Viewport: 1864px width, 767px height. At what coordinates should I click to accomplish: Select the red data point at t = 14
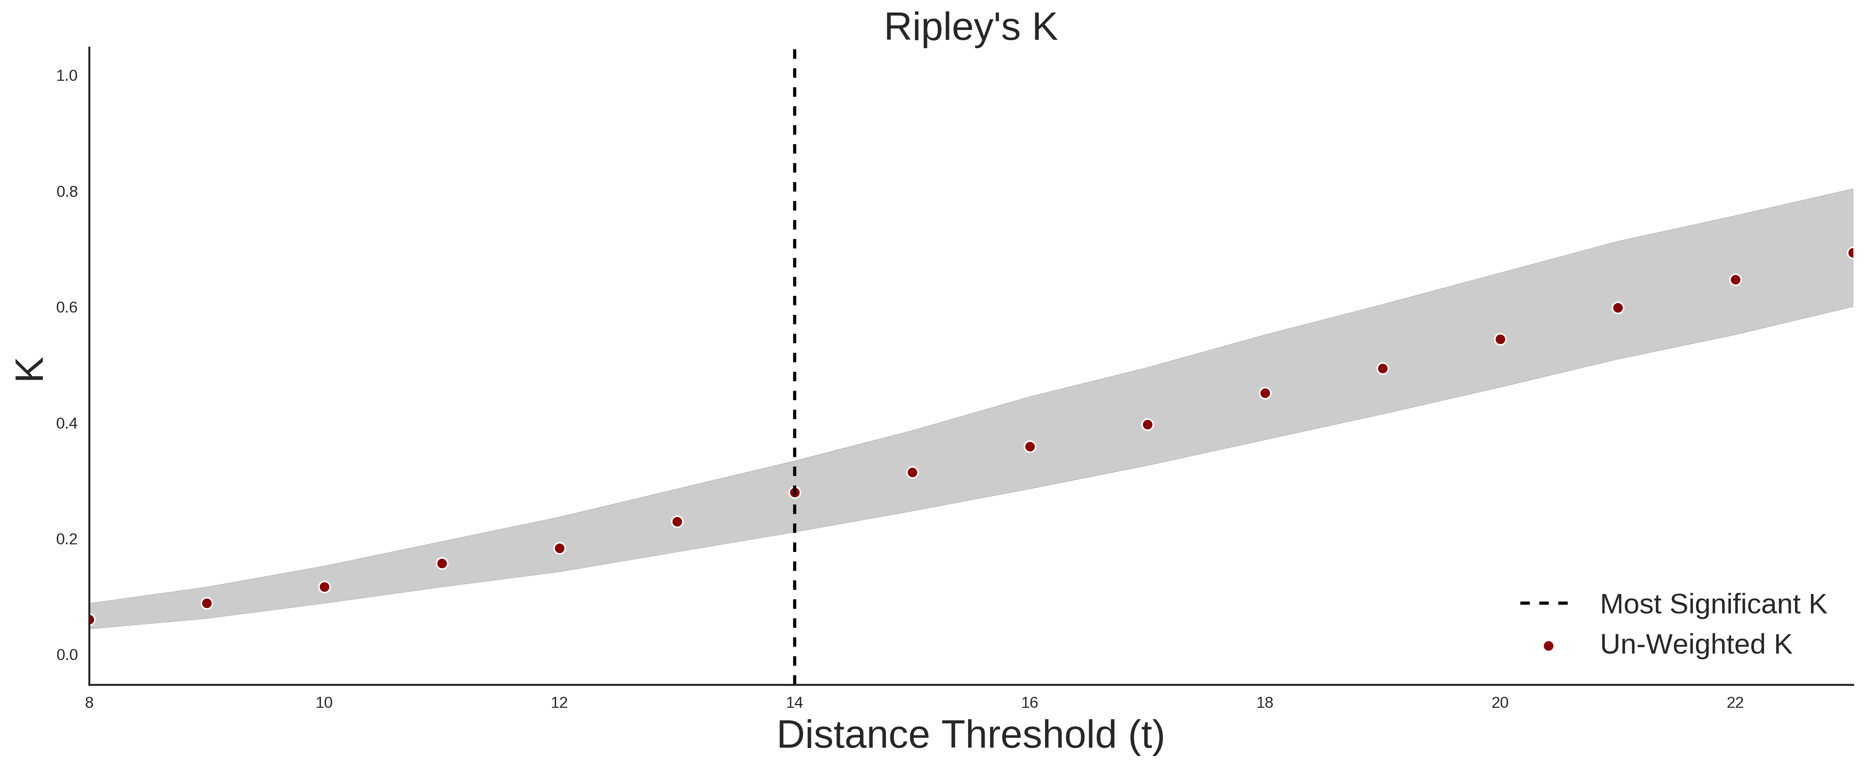click(795, 493)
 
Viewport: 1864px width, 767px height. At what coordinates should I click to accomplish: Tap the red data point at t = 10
click(324, 587)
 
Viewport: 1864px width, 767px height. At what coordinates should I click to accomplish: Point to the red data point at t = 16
click(1030, 446)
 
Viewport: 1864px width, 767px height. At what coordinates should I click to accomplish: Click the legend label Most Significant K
click(1713, 604)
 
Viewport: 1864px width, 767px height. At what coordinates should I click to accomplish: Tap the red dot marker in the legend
click(1548, 646)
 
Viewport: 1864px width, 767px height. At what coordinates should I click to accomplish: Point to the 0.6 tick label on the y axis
click(67, 308)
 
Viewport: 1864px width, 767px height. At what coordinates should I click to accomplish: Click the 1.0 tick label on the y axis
click(67, 76)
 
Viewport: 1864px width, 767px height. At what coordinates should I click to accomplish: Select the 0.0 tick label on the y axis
click(67, 655)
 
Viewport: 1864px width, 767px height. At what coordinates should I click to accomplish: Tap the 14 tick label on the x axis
click(795, 703)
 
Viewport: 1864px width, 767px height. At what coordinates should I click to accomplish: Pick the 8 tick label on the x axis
click(89, 703)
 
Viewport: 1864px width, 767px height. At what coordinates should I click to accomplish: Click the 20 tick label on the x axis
click(1500, 703)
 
